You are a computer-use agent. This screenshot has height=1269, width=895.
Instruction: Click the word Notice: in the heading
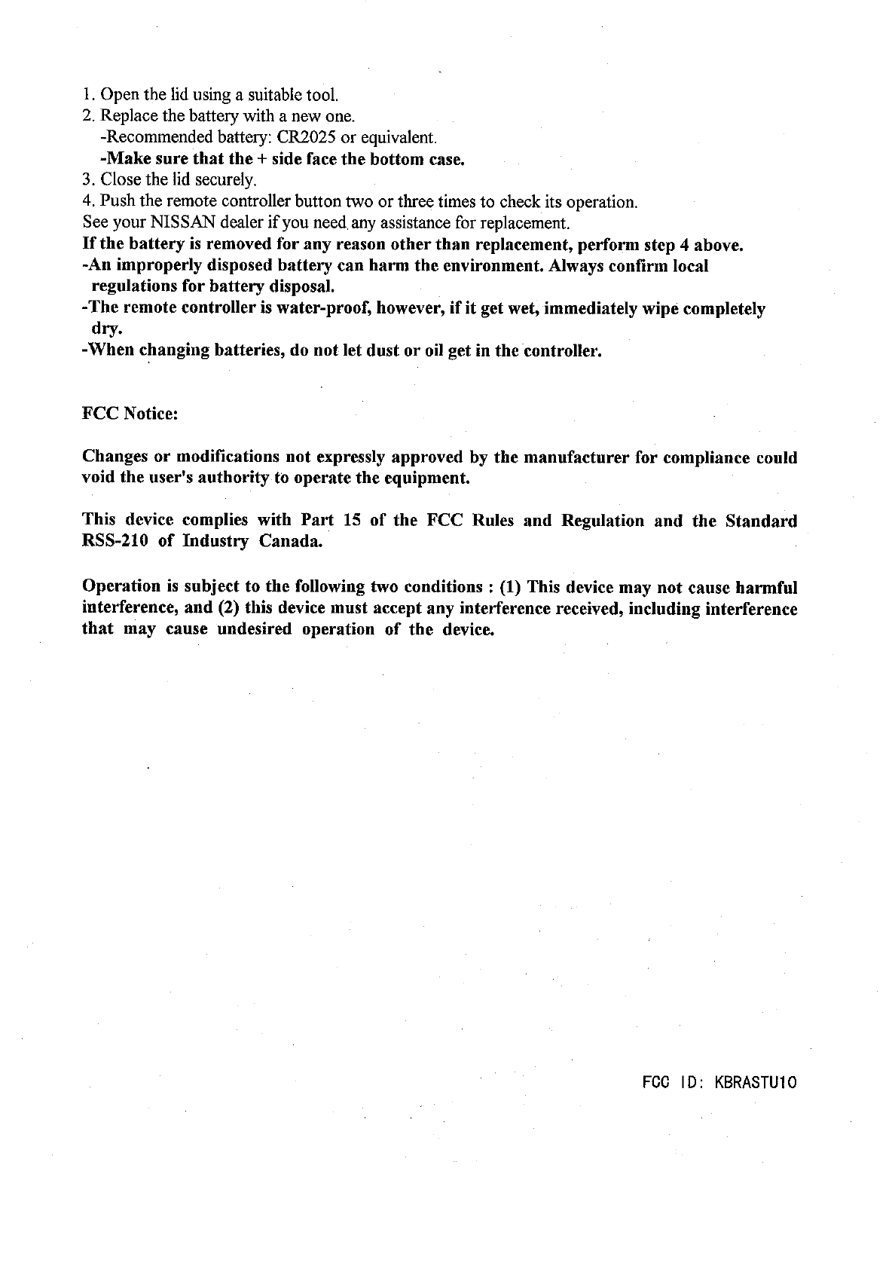[x=151, y=414]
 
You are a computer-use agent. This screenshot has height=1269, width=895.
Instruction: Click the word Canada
[x=291, y=542]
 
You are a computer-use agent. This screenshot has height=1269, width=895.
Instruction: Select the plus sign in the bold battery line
[x=262, y=160]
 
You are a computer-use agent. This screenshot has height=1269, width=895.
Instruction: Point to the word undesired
[x=255, y=629]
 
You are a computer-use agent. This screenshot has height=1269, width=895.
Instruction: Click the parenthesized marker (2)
[x=231, y=608]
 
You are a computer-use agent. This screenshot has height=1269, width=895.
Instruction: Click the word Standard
[x=761, y=521]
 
